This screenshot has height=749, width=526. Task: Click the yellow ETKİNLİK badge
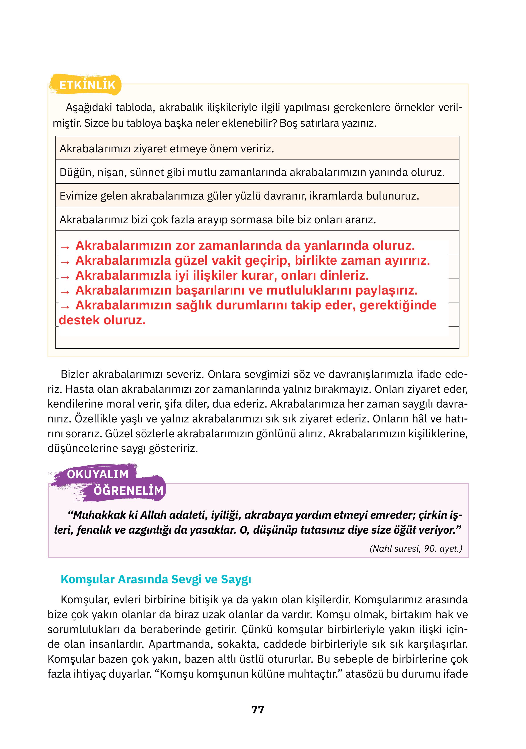point(87,85)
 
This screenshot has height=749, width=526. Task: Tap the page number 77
point(258,709)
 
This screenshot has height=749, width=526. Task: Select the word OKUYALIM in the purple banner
point(98,474)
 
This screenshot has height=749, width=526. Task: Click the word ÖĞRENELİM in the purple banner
point(128,490)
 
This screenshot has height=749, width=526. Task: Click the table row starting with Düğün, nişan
point(252,172)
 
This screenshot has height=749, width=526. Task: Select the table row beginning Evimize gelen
point(239,196)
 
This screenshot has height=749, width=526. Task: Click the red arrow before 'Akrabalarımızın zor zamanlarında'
point(65,247)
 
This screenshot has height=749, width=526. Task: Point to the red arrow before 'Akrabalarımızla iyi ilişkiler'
point(65,277)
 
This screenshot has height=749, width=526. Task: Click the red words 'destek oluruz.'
point(102,320)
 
